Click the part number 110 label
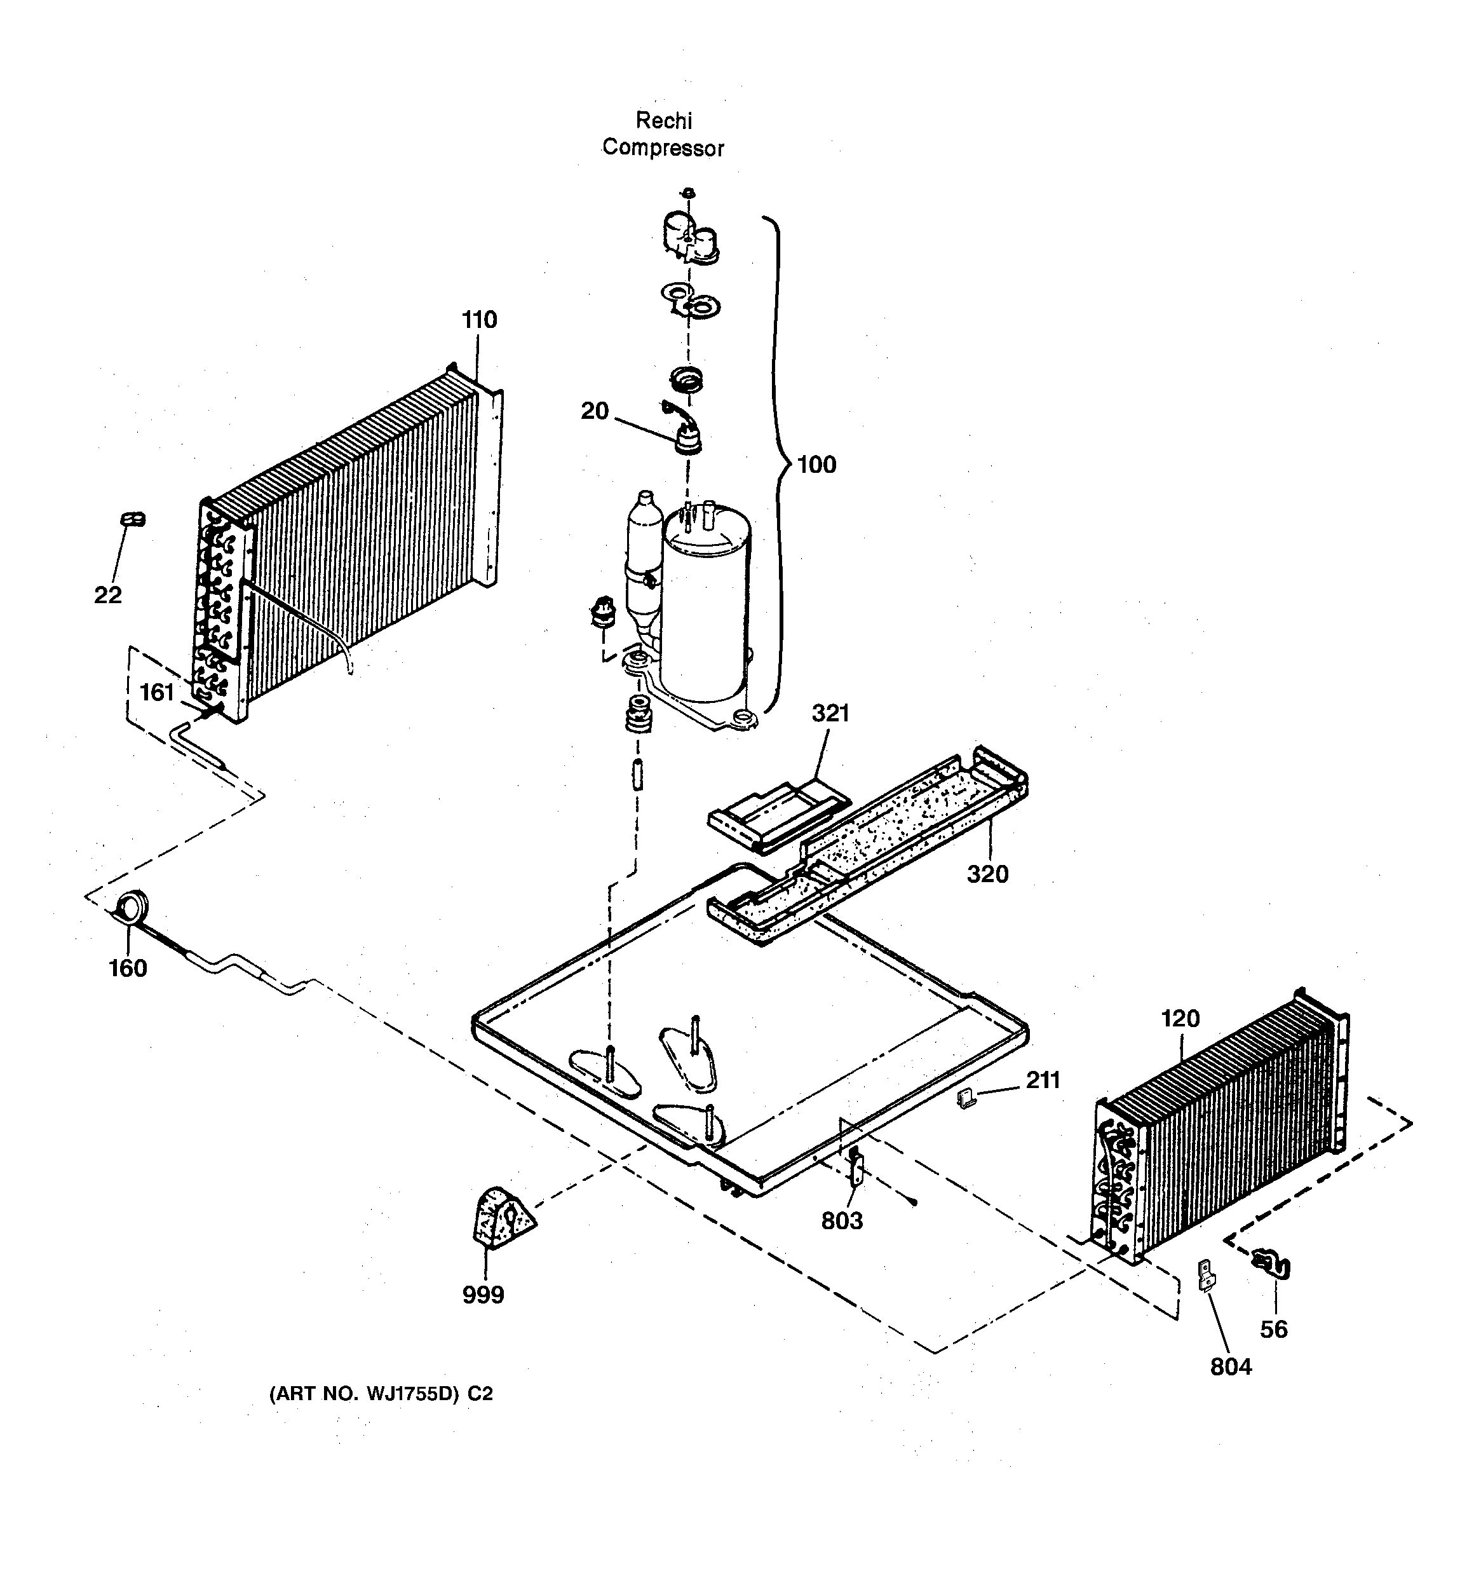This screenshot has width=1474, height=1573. (480, 320)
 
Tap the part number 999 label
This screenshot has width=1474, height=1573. (483, 1295)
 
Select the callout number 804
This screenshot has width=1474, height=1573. (1231, 1366)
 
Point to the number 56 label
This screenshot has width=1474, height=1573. (1274, 1330)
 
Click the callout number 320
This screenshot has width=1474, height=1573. (987, 875)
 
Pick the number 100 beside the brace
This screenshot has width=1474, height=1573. (816, 465)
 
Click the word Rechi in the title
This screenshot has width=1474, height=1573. (664, 121)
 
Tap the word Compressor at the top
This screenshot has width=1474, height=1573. (663, 148)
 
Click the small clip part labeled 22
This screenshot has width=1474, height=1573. (132, 520)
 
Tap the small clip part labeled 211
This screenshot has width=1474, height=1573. (964, 1098)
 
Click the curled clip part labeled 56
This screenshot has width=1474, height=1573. (1271, 1263)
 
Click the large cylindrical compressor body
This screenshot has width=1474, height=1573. (705, 609)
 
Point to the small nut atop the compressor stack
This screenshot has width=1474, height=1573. (688, 193)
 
